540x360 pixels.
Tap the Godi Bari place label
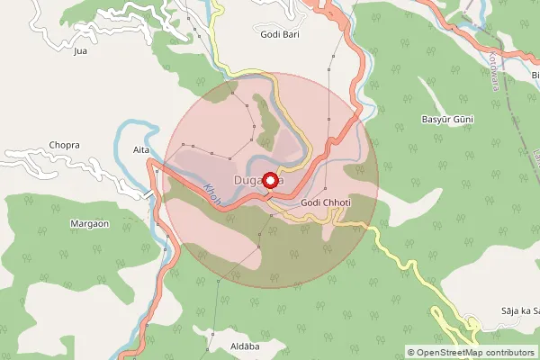point(279,34)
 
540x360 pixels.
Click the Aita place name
point(140,149)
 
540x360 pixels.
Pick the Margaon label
point(89,223)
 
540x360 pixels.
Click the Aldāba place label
point(220,346)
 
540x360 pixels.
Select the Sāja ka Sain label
point(519,310)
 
